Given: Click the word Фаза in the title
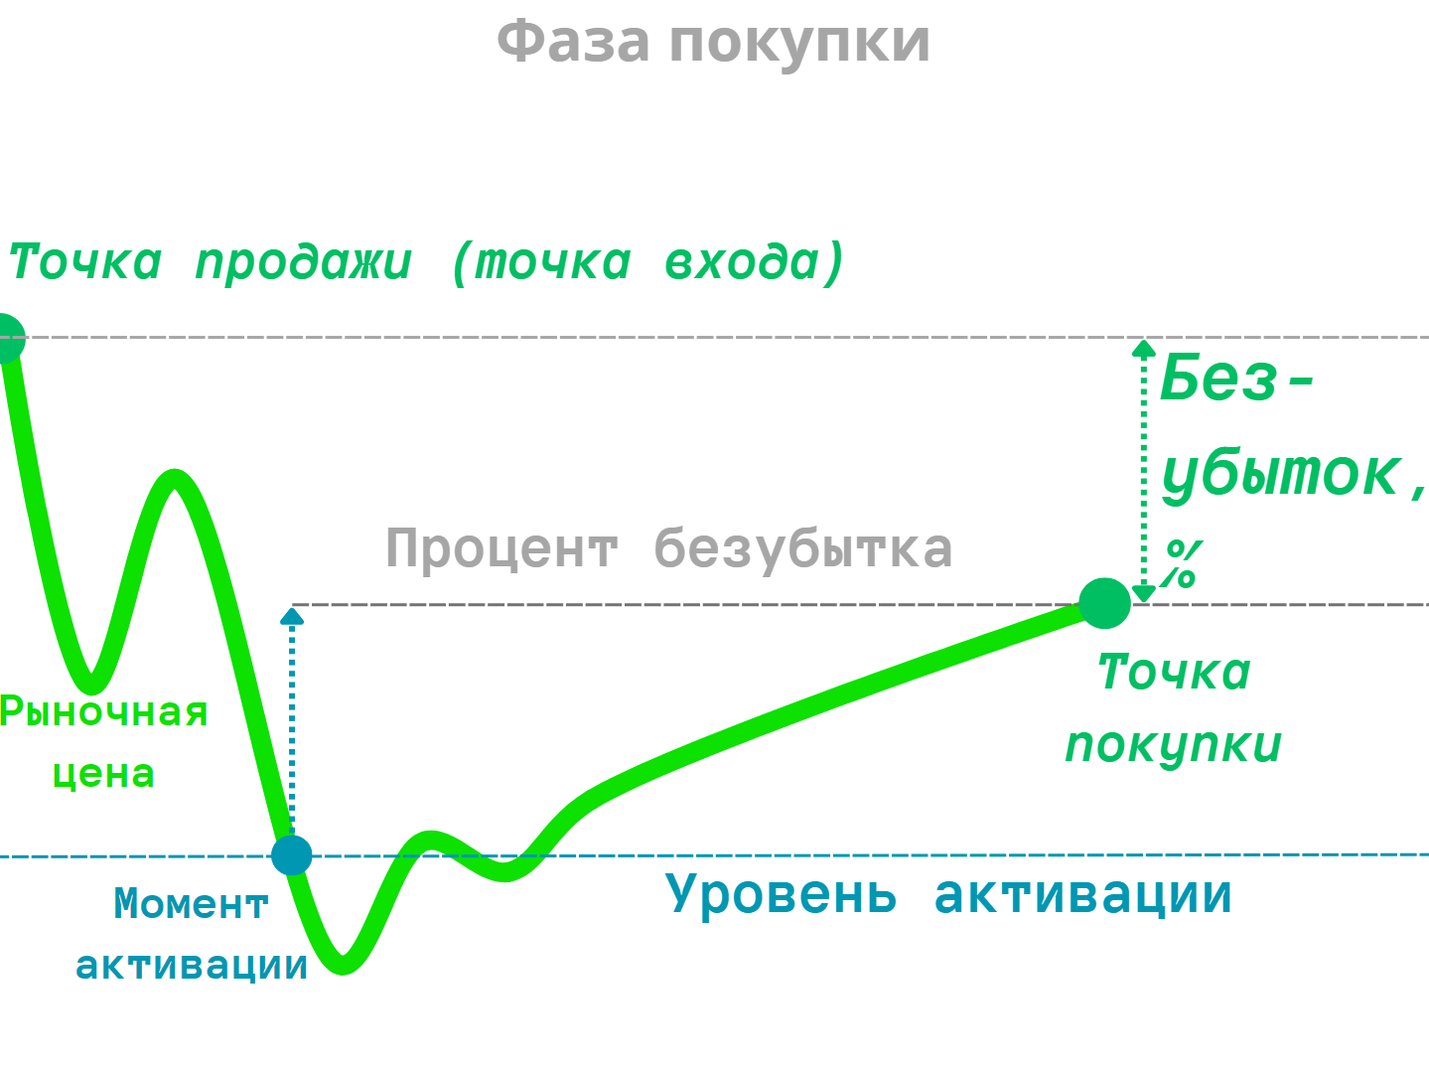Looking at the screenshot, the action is pos(573,43).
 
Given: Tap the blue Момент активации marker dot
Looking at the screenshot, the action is pos(292,855).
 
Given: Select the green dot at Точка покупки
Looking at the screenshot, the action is pos(1105,603).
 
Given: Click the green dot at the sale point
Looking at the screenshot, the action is pos(8,338).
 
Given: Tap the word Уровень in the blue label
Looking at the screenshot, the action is pos(781,895).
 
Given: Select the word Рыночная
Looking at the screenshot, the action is pos(103,713).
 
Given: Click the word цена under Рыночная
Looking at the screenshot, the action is pos(103,774).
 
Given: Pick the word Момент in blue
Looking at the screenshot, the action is pos(191,904).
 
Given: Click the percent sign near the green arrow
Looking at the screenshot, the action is pos(1182,564).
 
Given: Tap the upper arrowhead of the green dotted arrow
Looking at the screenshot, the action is pos(1144,349).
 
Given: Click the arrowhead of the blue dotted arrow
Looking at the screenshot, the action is pos(292,616).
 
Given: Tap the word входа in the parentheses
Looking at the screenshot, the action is pos(741,262).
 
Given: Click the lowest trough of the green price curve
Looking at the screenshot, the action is pos(343,965).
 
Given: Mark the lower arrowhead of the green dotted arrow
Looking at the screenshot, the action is pos(1144,594).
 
